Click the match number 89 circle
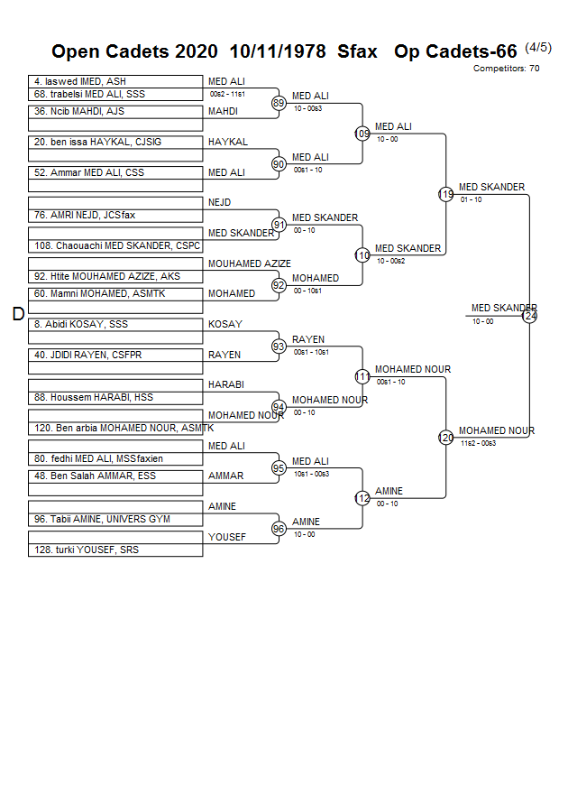279,104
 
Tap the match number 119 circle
445,194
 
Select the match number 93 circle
279,347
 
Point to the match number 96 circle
279,529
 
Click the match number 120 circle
445,438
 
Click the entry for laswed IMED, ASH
80,81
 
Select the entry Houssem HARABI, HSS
94,398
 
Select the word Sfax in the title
358,51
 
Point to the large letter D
18,314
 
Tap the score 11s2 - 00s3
478,443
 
